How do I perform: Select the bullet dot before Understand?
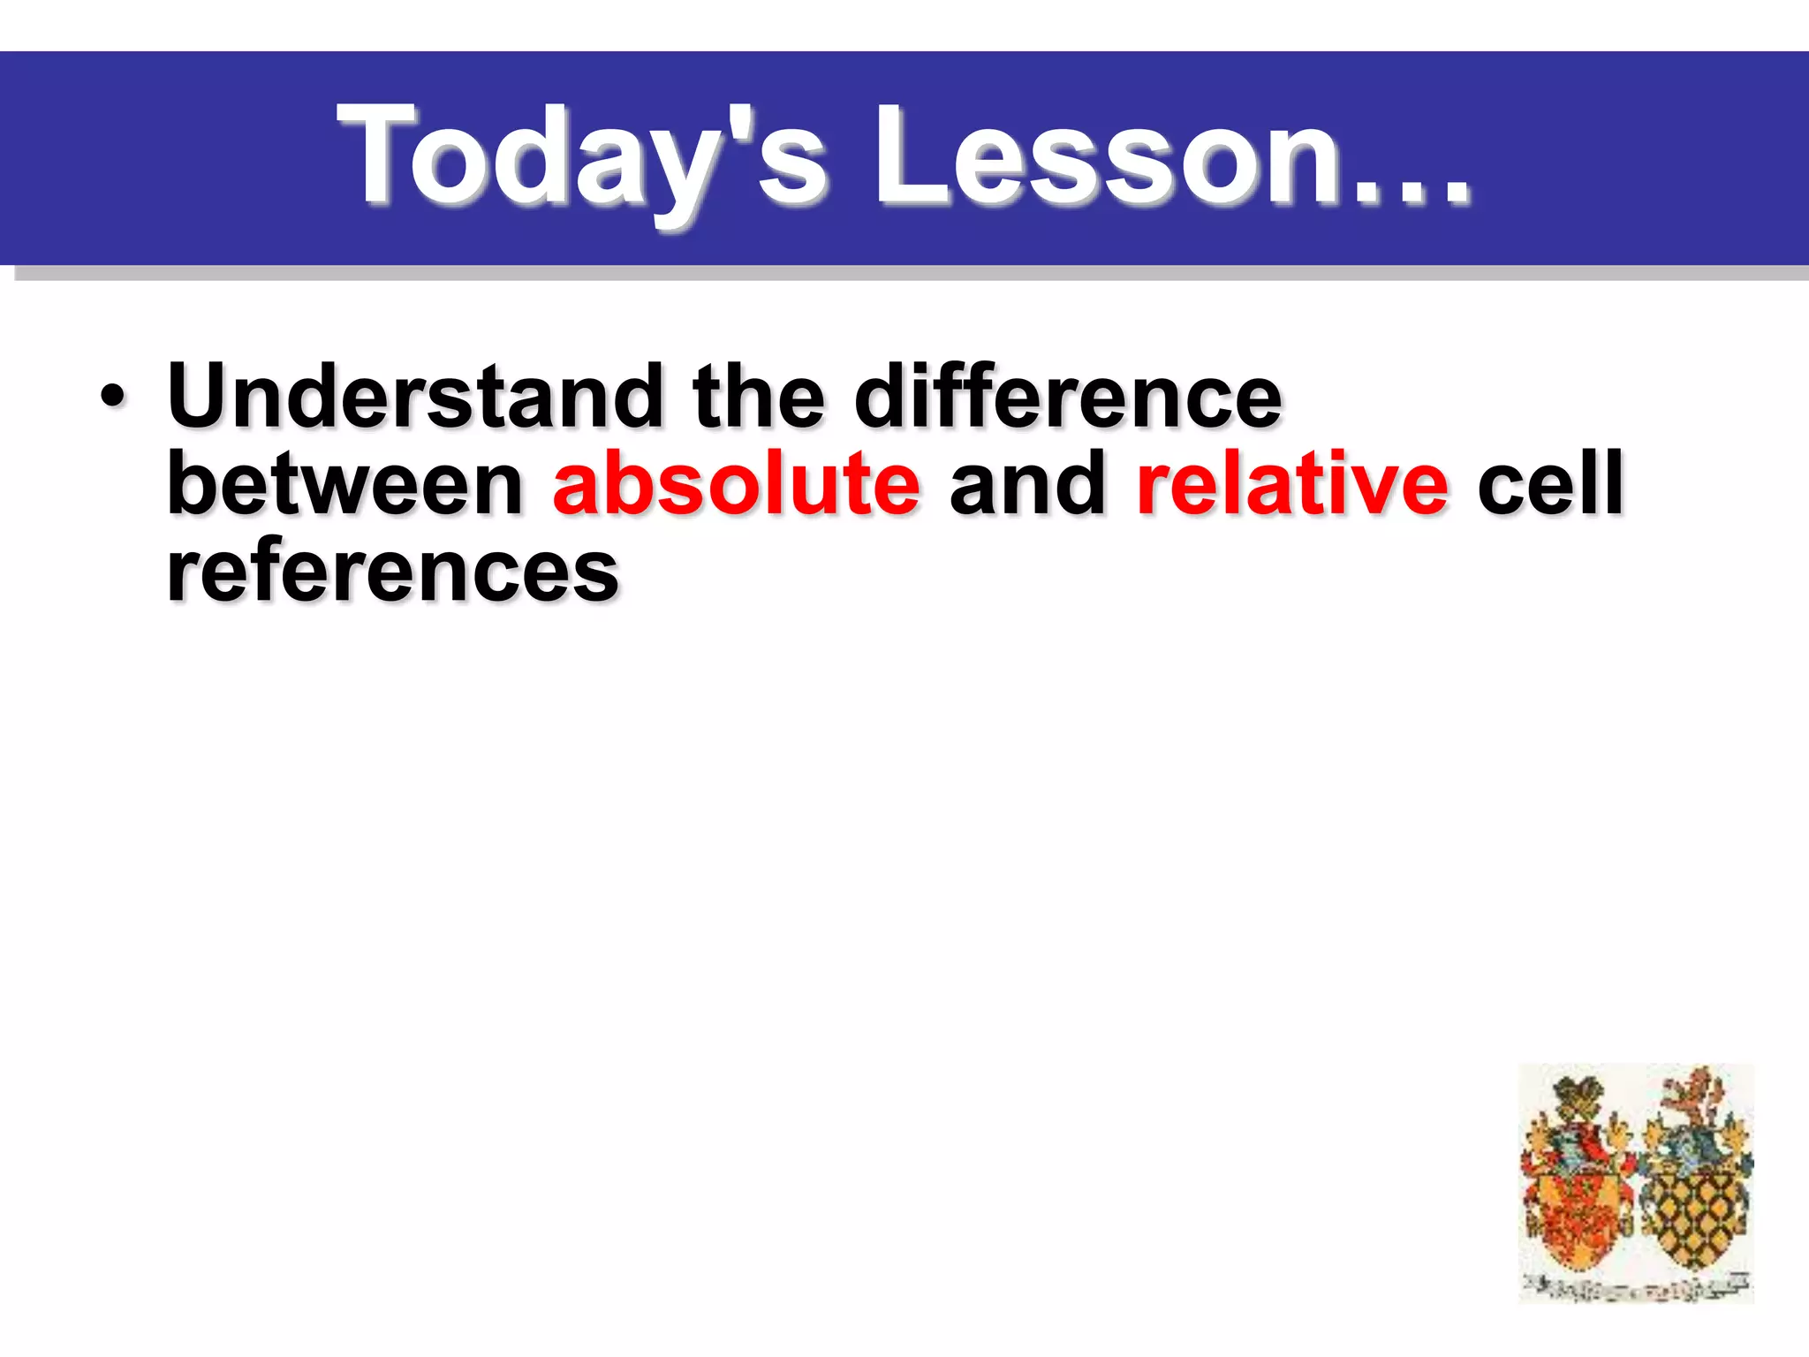112,396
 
